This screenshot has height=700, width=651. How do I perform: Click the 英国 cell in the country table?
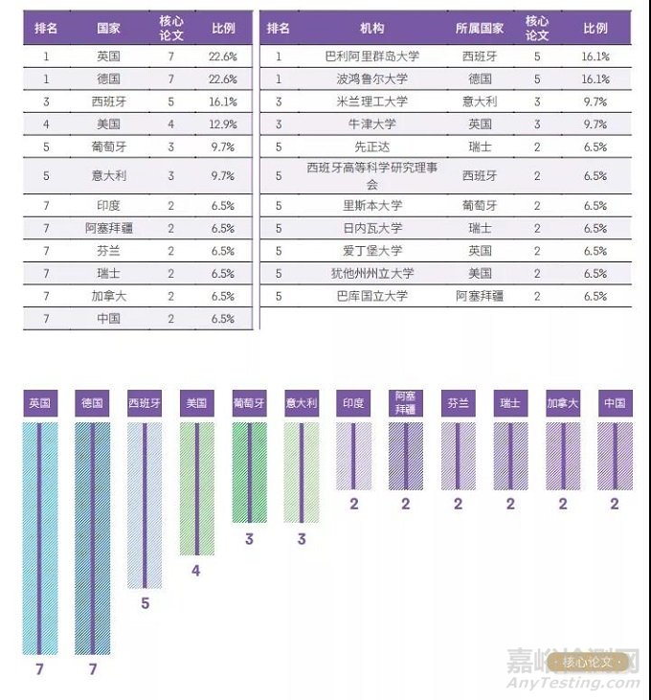108,56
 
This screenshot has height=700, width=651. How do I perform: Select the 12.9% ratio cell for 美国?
222,124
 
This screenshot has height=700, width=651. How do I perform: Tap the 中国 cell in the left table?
108,318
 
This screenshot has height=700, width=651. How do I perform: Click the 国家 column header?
108,28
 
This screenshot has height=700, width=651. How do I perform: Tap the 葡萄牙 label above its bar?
249,403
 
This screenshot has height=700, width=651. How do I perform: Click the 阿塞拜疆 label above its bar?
406,403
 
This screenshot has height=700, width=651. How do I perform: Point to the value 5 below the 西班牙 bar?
145,603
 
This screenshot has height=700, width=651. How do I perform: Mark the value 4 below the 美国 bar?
196,571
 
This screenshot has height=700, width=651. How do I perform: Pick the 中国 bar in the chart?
615,456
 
